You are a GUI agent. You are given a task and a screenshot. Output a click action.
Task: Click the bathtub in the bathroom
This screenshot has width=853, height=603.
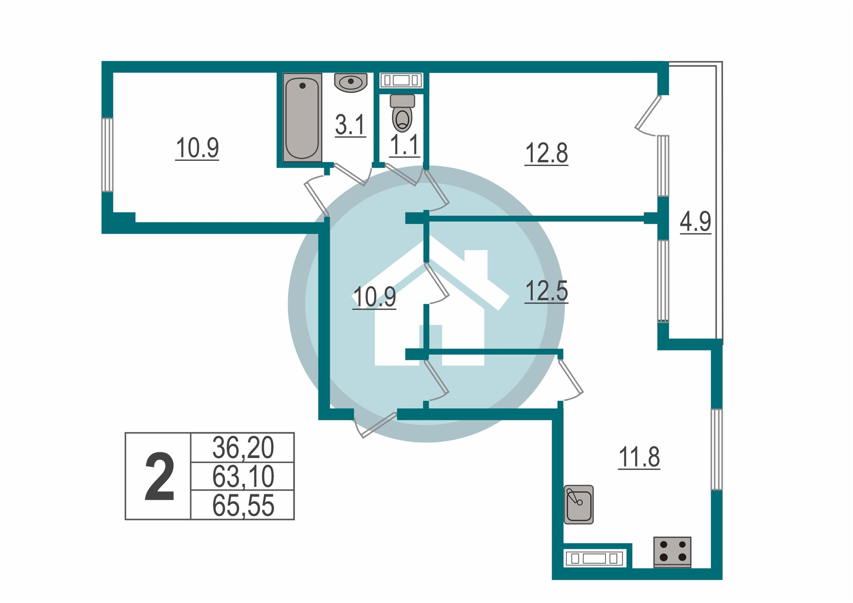[x=302, y=117]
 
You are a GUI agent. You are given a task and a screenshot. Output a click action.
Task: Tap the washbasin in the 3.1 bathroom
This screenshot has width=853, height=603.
[x=351, y=82]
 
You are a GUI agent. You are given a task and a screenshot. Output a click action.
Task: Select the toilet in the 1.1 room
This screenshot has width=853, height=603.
[x=403, y=114]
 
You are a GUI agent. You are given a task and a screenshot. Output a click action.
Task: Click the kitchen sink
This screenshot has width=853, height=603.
[x=578, y=504]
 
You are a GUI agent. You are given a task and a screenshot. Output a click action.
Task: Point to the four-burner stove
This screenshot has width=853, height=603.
[x=672, y=551]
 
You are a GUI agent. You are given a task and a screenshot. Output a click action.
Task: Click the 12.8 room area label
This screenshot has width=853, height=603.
[x=546, y=153]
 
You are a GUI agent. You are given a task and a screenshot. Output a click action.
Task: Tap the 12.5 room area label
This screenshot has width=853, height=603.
[x=546, y=291]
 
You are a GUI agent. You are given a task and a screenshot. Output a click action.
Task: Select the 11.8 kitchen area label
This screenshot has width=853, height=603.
[x=639, y=457]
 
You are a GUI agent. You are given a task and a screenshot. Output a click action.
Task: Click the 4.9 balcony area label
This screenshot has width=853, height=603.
[x=695, y=221]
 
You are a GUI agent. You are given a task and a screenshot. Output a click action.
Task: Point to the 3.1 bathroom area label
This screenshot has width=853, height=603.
[x=350, y=125]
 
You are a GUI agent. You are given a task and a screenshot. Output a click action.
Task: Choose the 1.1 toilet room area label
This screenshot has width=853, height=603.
[x=404, y=145]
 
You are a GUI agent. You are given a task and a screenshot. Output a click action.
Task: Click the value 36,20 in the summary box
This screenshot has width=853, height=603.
[x=243, y=447]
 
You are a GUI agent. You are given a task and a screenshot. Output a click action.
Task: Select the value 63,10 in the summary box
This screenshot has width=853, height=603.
[x=243, y=476]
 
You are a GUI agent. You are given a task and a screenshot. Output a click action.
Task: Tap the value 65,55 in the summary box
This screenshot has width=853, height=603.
[x=243, y=505]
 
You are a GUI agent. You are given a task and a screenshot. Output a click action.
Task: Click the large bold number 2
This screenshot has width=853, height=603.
[x=159, y=477]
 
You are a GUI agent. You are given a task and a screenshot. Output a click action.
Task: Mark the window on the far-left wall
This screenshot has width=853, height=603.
[x=107, y=155]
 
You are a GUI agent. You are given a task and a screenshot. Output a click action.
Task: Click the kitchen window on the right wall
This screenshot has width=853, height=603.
[x=716, y=449]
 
